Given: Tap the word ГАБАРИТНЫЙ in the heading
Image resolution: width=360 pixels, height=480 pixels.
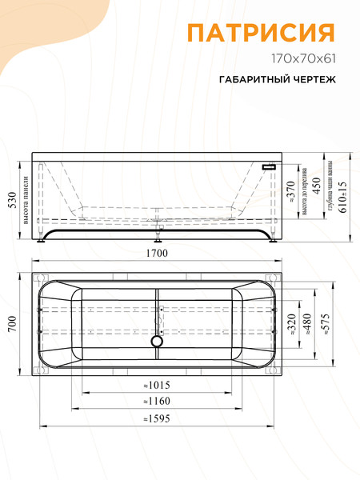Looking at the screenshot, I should point(250,80).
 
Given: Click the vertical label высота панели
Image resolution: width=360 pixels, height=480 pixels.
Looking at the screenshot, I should point(26,198).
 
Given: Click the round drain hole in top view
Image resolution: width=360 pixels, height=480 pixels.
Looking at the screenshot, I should point(157,342).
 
